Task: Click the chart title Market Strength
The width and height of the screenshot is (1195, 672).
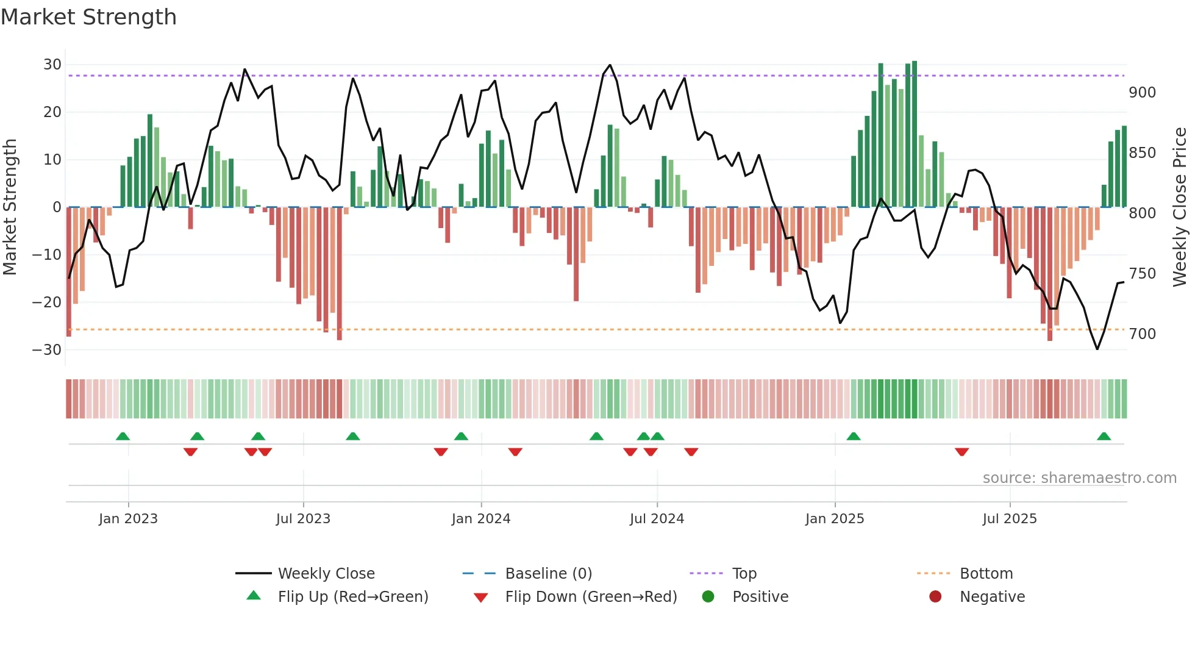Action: (x=88, y=17)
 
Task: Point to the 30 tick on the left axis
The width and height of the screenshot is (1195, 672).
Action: (x=52, y=65)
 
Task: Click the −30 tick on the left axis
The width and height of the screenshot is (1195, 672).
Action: (x=47, y=350)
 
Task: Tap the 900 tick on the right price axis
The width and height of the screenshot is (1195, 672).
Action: (x=1142, y=93)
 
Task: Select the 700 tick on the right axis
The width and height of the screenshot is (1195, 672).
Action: (x=1142, y=334)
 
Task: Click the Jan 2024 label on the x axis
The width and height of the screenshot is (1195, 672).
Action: (x=481, y=519)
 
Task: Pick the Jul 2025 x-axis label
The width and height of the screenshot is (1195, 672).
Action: (x=1010, y=519)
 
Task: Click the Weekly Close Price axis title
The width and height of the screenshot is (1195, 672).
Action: (x=1180, y=207)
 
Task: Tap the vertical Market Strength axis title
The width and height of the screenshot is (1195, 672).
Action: (x=10, y=207)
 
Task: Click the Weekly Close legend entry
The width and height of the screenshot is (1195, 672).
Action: (x=326, y=574)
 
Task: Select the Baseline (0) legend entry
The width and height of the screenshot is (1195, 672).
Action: (x=548, y=574)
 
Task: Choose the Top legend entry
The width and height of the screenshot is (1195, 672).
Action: (x=744, y=574)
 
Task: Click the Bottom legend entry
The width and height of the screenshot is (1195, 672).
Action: (x=986, y=574)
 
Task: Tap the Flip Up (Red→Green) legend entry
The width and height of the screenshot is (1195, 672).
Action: (x=352, y=597)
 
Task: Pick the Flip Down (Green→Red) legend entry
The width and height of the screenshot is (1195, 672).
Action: (x=591, y=597)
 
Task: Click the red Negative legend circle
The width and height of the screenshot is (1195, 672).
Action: (x=935, y=596)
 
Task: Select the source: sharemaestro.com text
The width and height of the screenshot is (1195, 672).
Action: (x=1079, y=478)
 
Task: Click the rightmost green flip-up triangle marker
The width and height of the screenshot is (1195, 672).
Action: (x=1104, y=437)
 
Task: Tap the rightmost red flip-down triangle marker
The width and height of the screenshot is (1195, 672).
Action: (x=962, y=452)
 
